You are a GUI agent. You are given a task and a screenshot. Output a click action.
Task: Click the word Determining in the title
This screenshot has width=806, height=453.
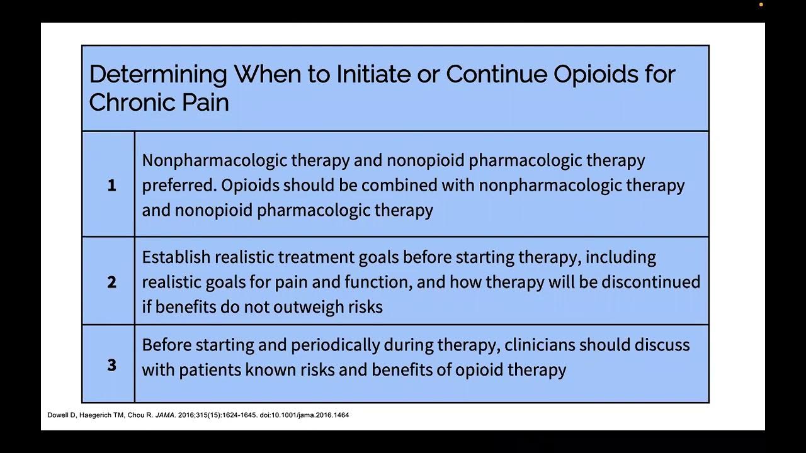point(157,75)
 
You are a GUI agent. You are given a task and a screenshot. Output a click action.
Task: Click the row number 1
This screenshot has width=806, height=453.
point(111,186)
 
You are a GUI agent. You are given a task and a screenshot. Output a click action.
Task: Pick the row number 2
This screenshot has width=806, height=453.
point(111,282)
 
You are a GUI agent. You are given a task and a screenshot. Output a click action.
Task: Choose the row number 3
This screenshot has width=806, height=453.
point(111,365)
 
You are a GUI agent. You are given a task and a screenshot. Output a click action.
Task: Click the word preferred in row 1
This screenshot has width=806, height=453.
point(179,186)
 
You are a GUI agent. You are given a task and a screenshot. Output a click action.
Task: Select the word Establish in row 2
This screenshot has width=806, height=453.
point(176,257)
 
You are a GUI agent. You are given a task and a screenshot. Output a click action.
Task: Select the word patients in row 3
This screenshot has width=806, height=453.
point(210,369)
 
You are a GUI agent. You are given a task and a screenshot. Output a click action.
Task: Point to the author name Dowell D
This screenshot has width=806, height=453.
point(61,415)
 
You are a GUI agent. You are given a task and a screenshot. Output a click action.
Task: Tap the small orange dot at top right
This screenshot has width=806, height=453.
point(761,5)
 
